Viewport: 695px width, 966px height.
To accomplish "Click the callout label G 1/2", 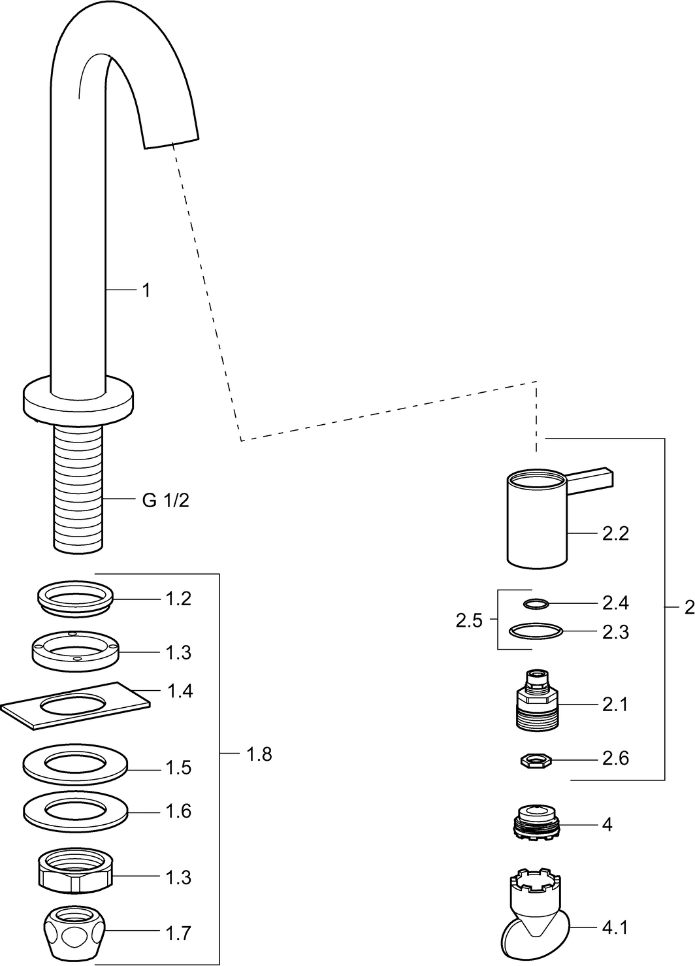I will pos(165,501).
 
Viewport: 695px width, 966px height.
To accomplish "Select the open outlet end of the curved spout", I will pos(170,141).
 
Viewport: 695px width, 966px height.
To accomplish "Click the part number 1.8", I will pos(259,754).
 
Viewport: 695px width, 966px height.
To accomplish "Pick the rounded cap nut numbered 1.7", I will pos(76,932).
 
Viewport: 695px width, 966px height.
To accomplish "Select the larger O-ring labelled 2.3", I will pos(535,632).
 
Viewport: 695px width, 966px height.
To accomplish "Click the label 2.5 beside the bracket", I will pos(469,620).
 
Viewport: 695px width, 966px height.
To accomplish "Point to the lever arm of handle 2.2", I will pos(592,478).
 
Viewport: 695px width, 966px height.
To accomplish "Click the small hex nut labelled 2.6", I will pos(536,759).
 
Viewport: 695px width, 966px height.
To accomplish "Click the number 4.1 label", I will pos(614,927).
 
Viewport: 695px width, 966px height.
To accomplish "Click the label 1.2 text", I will pos(178,599).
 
